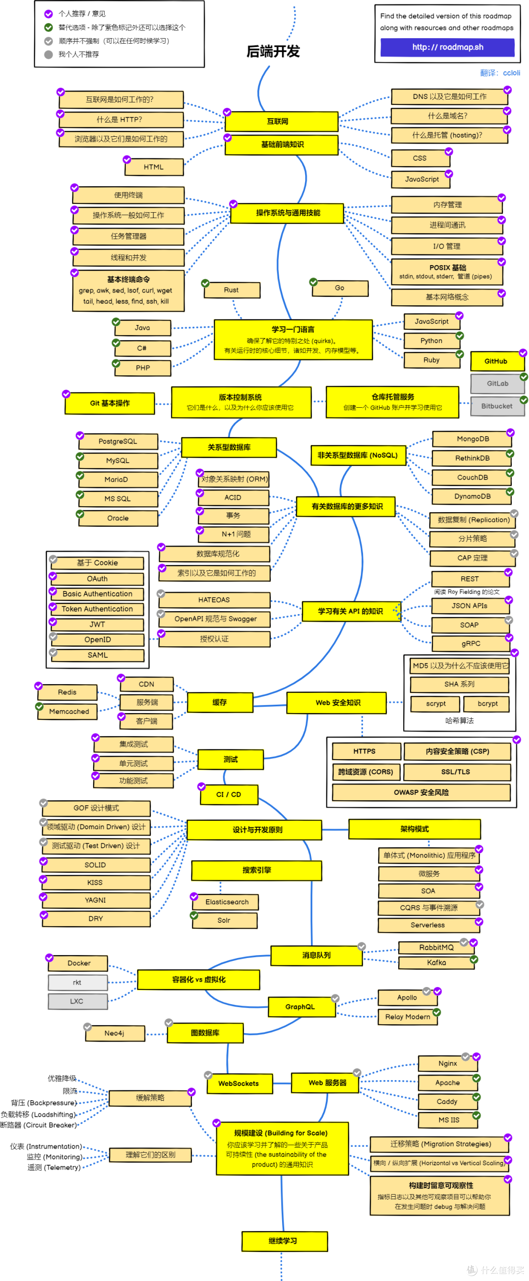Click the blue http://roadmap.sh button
448,47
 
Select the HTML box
154,167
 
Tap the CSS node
420,158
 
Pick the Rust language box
232,290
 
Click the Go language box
340,288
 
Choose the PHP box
143,368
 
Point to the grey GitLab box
497,383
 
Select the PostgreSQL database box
119,441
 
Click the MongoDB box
472,439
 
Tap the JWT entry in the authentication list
97,625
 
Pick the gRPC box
471,643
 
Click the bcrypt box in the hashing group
487,704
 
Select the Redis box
68,692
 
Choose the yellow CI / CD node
229,795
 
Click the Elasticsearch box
227,902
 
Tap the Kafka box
436,963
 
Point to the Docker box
78,963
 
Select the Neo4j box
114,1034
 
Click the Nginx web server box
448,1064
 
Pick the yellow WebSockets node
239,1084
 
